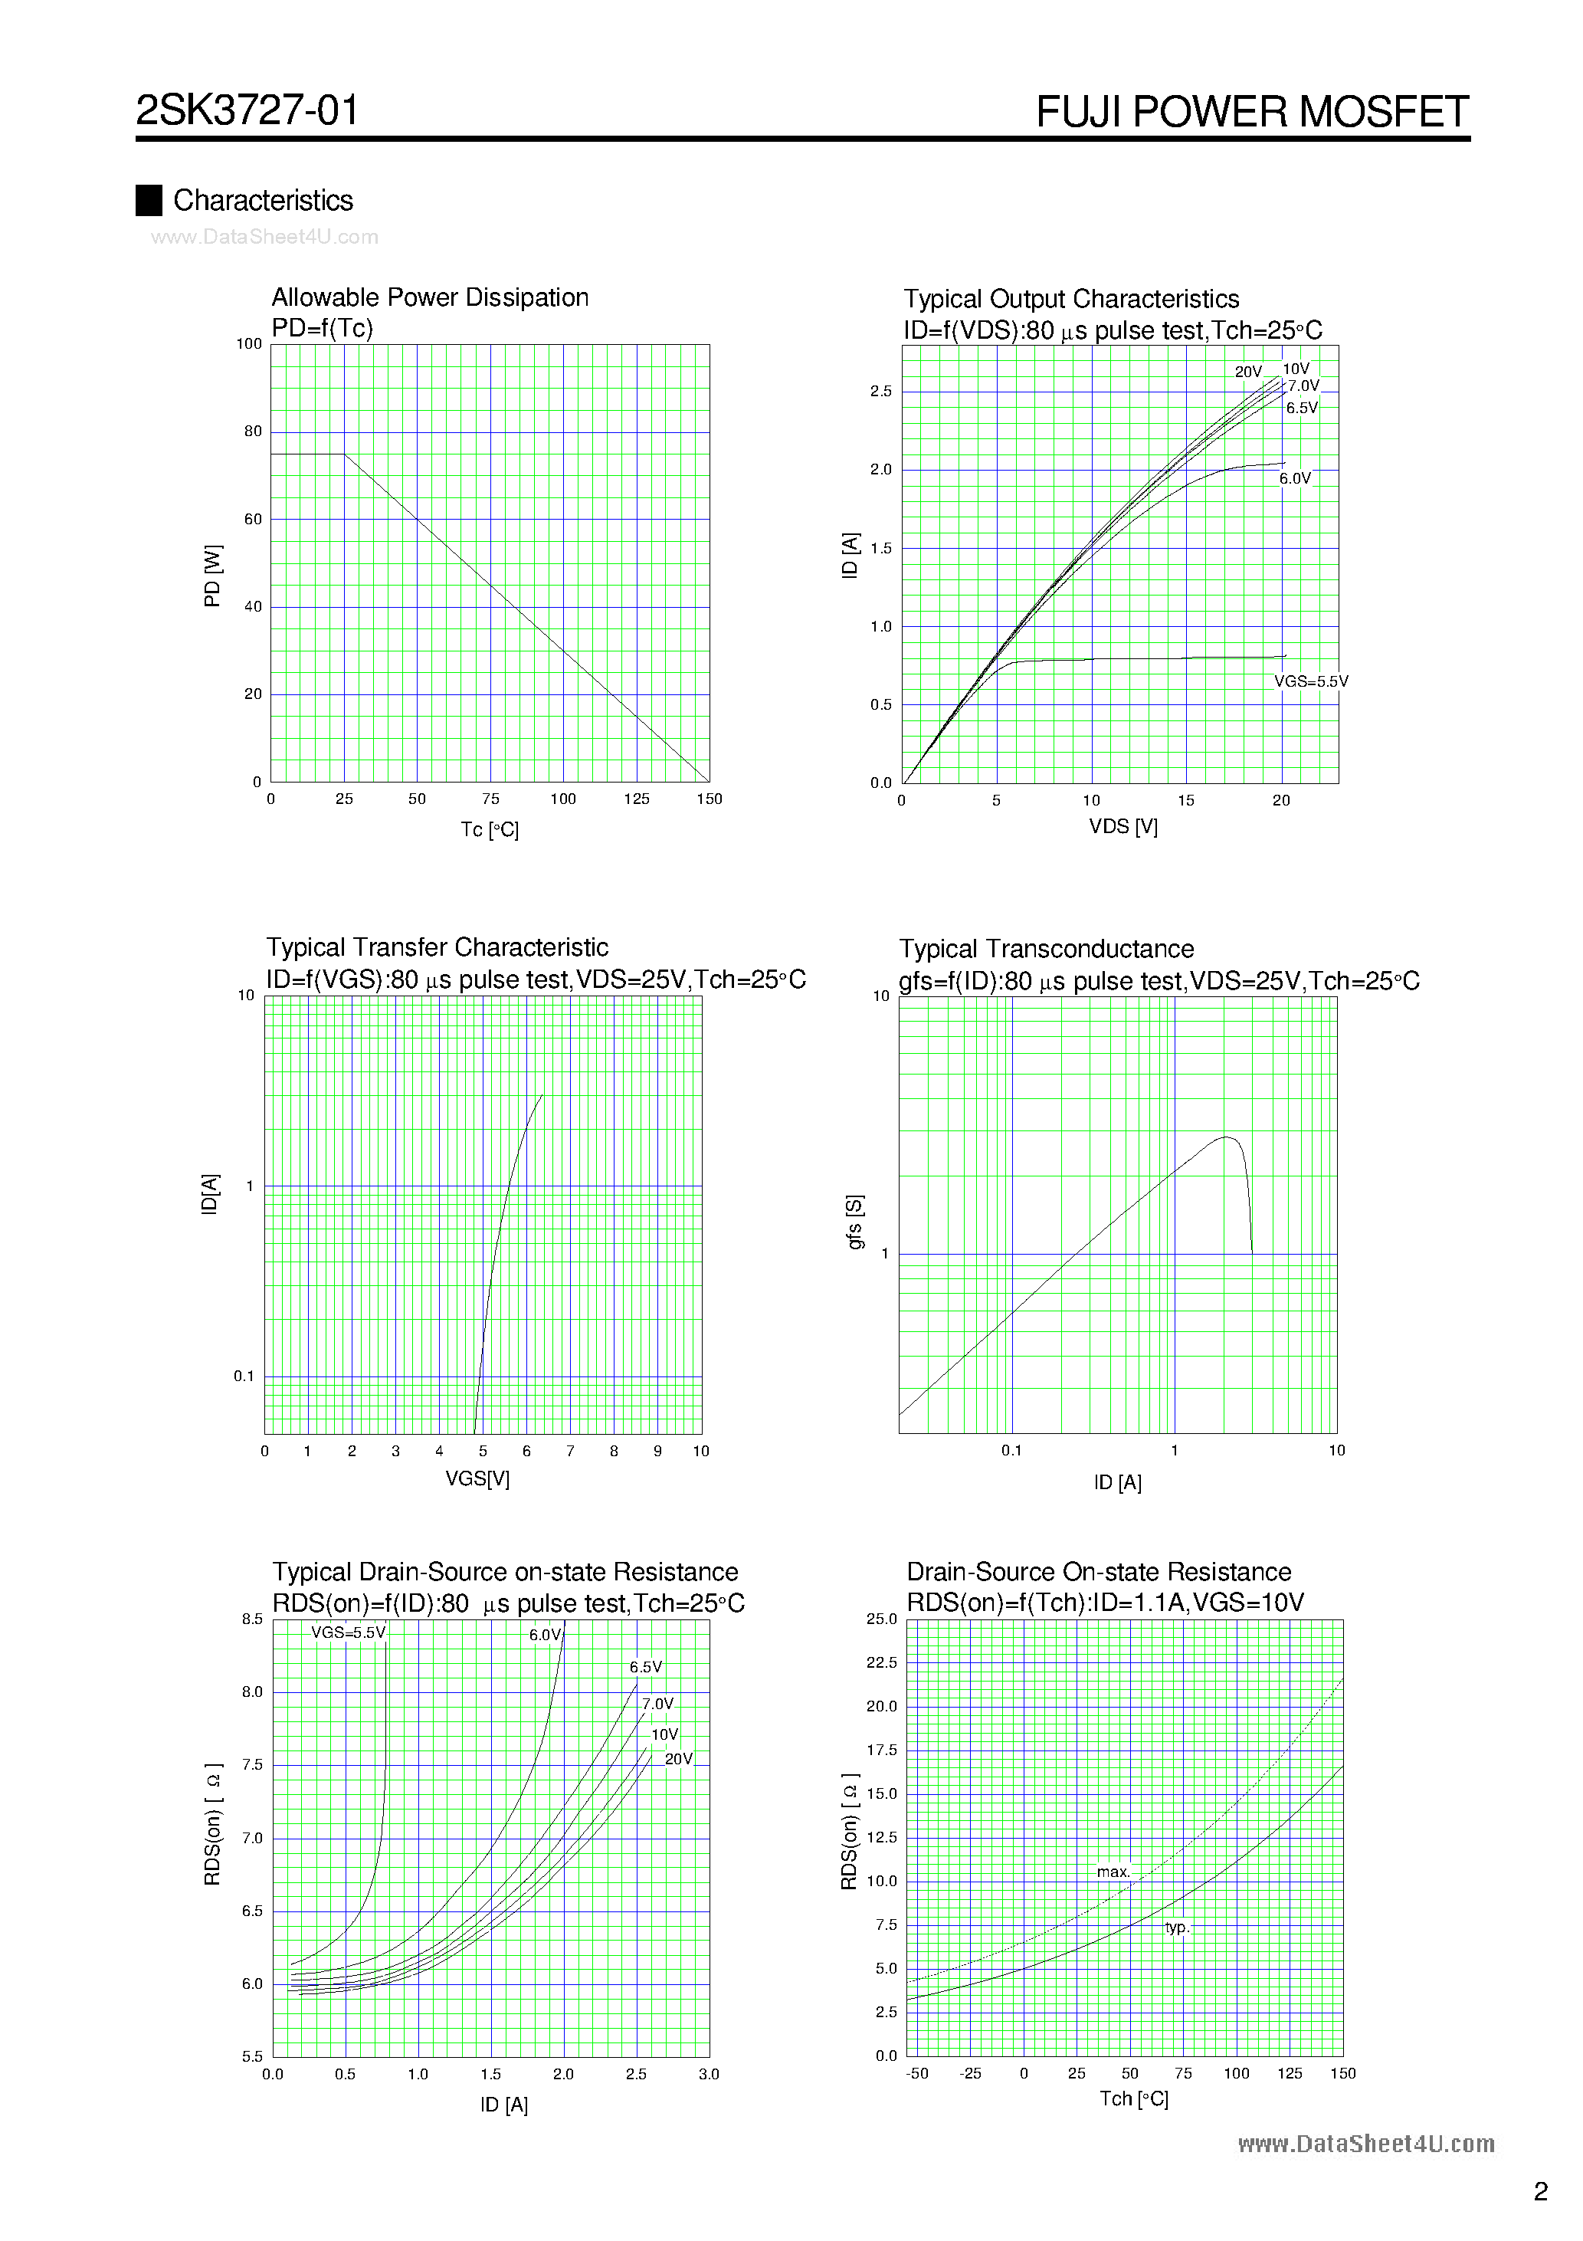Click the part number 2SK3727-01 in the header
[247, 110]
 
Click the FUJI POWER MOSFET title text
[1251, 112]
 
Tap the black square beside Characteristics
[149, 200]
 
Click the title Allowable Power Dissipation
[429, 297]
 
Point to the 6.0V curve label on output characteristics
[1295, 479]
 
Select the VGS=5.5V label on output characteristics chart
[1311, 681]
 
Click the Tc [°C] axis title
[490, 829]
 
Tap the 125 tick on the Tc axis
[636, 799]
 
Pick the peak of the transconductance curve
[1226, 1137]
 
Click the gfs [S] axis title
[855, 1221]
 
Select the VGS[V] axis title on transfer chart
[477, 1478]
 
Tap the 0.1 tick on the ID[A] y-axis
[243, 1376]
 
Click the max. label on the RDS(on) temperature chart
[1113, 1872]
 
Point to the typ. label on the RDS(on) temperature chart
[1177, 1928]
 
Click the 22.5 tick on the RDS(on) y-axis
[881, 1662]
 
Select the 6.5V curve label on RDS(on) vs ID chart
[645, 1667]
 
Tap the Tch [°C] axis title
[1133, 2098]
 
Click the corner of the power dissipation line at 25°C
[345, 454]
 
